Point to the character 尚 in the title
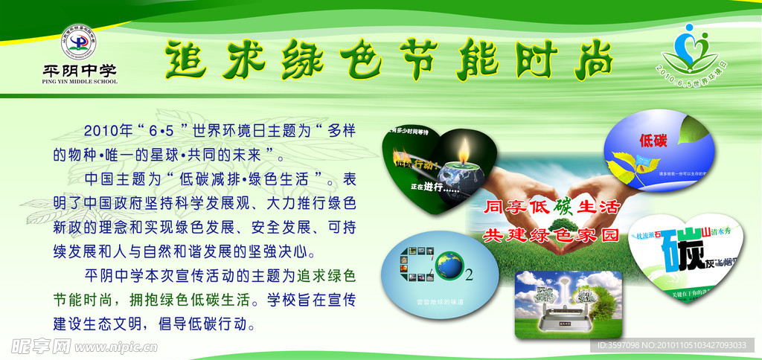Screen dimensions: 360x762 (588, 59)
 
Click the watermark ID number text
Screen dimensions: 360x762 (674, 345)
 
